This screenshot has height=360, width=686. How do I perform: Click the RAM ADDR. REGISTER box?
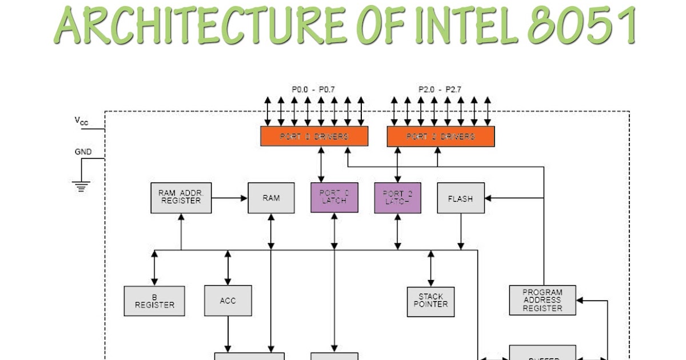coord(181,198)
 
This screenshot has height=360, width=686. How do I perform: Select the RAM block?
coord(271,198)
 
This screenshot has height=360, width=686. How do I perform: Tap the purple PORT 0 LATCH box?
coord(334,198)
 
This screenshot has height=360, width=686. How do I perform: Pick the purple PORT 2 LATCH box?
coord(397,198)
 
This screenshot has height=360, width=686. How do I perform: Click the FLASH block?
coord(460,198)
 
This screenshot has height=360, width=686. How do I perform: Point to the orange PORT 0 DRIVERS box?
coord(314,137)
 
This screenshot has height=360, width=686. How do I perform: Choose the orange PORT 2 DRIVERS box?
coord(440,137)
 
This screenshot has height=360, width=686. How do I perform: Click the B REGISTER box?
coord(154,301)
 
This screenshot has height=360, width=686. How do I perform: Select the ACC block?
coord(228,301)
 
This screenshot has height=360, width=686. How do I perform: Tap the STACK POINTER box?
coord(430,301)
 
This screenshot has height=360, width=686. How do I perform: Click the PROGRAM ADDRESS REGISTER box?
coord(542,300)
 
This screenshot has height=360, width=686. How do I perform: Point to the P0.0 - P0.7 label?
coord(313,90)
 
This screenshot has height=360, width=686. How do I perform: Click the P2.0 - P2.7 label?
coord(440,90)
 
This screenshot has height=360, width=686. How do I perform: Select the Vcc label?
coord(81,121)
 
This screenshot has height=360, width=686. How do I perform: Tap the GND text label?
coord(83,152)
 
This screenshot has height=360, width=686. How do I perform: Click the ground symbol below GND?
coord(82,186)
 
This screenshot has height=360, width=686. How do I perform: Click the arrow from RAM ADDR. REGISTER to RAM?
coord(229,198)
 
